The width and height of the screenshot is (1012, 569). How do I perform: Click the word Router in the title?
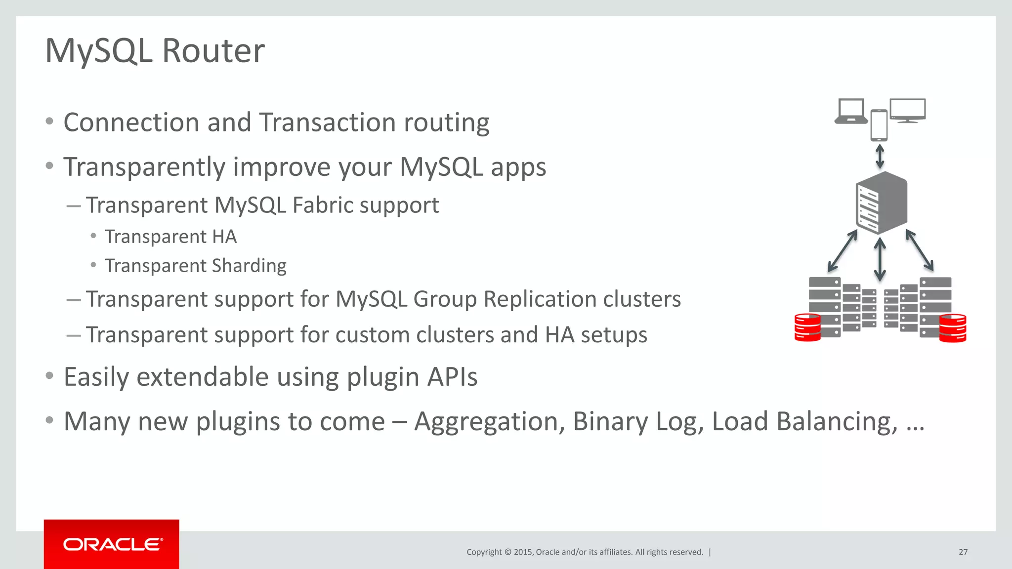point(213,51)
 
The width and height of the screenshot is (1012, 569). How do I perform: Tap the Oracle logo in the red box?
point(112,544)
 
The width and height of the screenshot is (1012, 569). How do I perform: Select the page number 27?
point(963,552)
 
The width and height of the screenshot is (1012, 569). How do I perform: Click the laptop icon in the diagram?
point(851,111)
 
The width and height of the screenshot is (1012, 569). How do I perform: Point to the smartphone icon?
point(879,125)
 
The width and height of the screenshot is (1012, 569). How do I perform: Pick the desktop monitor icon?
point(908,110)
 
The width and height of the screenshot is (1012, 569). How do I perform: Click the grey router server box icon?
point(881,203)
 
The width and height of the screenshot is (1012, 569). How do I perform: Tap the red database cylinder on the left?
point(807,327)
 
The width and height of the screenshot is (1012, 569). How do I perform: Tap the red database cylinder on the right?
point(952,328)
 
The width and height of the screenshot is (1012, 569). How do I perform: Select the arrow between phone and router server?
point(880,156)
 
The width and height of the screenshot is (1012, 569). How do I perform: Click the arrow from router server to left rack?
point(843,251)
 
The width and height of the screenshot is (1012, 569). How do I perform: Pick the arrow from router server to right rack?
point(920,250)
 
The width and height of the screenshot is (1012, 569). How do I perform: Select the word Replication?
point(540,299)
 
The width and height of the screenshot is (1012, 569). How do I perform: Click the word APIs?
point(452,377)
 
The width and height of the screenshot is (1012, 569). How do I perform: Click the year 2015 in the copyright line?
point(523,552)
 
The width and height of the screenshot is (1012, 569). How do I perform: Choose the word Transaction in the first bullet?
point(327,122)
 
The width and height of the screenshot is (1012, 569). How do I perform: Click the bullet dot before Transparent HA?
point(93,236)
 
